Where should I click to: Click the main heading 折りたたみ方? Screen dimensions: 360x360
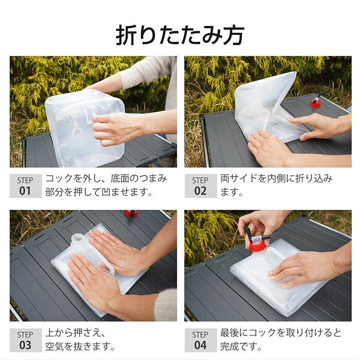[x=180, y=35]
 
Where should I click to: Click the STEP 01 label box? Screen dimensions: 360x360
[x=26, y=186]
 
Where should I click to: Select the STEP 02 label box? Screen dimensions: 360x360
[x=201, y=186]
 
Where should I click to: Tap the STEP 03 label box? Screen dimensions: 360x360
[x=26, y=340]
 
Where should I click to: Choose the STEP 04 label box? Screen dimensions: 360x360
[x=201, y=340]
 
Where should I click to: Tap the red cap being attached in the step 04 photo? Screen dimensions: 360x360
[x=258, y=246]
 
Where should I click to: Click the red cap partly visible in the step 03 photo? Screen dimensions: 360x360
[x=131, y=213]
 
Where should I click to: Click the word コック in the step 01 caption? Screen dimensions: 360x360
[x=59, y=179]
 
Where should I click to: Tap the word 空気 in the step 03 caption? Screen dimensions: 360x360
[x=55, y=346]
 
